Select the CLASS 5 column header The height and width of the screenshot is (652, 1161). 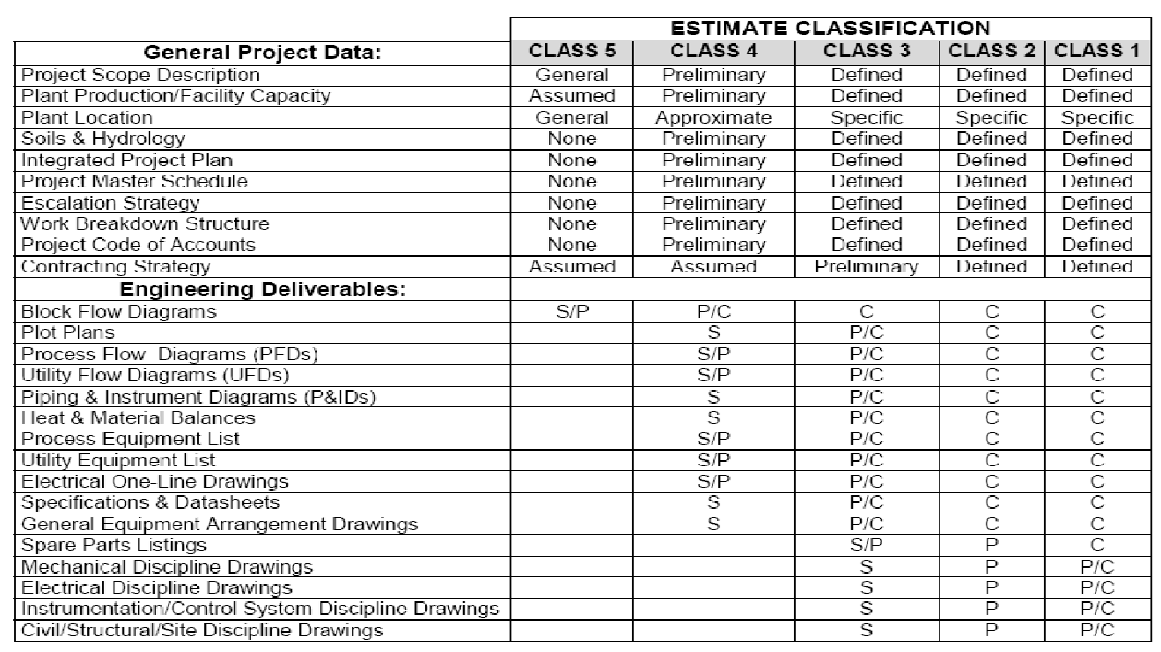coord(572,52)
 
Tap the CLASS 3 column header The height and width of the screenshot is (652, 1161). coord(866,52)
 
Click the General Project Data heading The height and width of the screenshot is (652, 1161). coord(262,53)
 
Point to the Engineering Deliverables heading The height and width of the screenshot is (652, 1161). coord(262,289)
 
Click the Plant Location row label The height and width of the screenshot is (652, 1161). coord(87,118)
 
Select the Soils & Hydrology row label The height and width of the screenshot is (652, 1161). coord(102,139)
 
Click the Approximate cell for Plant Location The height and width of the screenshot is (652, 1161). coord(712,118)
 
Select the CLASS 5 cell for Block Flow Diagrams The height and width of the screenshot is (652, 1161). coord(572,311)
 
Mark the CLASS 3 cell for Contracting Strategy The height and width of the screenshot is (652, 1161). coord(866,267)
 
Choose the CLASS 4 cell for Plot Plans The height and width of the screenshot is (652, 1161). coord(712,332)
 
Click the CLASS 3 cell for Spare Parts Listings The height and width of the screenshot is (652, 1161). coord(866,546)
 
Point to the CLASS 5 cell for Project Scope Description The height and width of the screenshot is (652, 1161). coord(572,76)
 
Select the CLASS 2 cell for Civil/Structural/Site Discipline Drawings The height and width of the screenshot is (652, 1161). coord(990,631)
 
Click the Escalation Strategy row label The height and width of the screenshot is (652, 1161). coord(110,203)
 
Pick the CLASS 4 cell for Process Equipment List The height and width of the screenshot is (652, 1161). coord(712,439)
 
